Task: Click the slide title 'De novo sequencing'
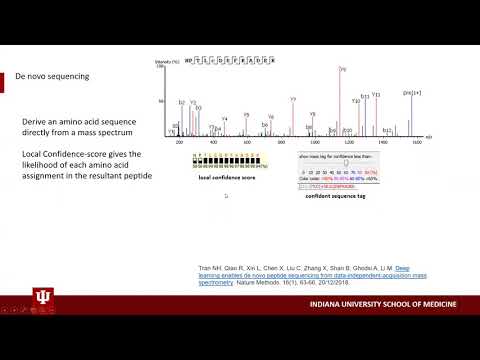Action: [59, 76]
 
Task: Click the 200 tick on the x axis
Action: [181, 143]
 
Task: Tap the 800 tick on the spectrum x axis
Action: [281, 143]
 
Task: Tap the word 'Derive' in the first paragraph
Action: [36, 121]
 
